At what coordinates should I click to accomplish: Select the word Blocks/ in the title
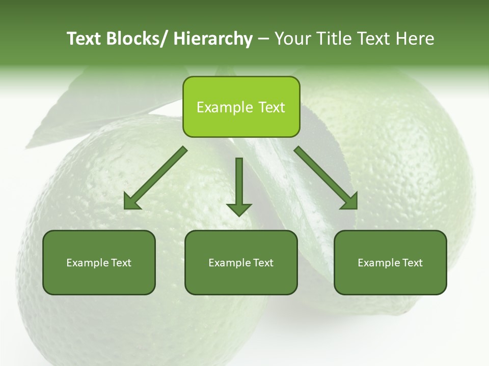coord(136,39)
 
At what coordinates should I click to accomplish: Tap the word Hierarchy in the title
coord(213,39)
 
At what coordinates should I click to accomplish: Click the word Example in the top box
coord(224,107)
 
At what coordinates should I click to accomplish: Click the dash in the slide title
coord(263,39)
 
